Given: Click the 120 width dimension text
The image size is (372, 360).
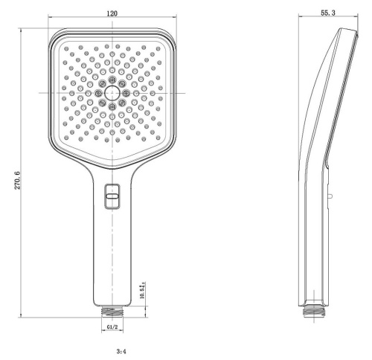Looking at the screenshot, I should pos(112,13).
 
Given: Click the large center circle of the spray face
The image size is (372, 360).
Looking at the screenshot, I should pos(112,91).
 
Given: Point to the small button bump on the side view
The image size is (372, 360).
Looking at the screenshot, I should pos(329,194).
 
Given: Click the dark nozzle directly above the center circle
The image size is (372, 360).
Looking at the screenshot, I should pos(112,77).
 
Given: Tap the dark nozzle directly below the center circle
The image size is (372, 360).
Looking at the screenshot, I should pos(112,107).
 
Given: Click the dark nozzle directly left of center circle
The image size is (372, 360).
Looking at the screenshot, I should pos(97,91).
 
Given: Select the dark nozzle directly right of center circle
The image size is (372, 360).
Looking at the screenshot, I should pos(126,91).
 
